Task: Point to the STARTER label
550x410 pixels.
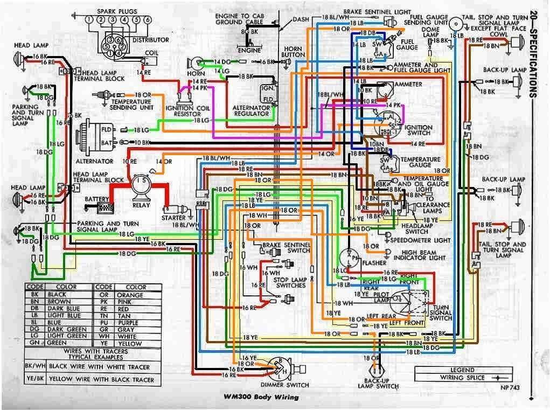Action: tap(173, 218)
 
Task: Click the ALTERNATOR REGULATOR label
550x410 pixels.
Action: tap(251, 110)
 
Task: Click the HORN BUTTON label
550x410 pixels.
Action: tap(294, 51)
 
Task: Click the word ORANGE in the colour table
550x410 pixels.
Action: tap(129, 295)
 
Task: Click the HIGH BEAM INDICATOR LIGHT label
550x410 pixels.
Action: tap(419, 254)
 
